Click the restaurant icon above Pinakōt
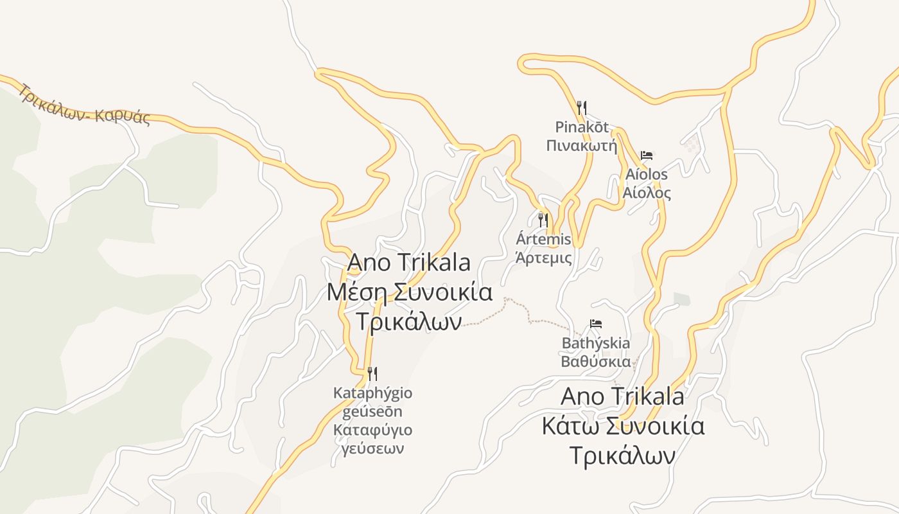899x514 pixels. [x=582, y=107]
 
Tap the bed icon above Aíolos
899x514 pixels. [x=647, y=155]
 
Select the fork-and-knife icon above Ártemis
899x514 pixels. [x=543, y=220]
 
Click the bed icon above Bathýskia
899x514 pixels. [x=596, y=324]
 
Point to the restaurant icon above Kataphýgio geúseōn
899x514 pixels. [x=372, y=374]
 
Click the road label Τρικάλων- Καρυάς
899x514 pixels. [x=84, y=105]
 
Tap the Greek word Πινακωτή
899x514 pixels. [x=581, y=146]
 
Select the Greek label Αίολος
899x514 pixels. [x=647, y=193]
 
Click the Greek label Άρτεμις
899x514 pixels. [x=544, y=258]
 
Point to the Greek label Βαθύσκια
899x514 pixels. [x=596, y=361]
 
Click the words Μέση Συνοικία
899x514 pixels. [x=410, y=292]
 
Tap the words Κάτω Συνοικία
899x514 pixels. [x=623, y=426]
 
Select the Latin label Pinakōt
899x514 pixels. [x=582, y=127]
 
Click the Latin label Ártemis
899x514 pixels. [x=543, y=240]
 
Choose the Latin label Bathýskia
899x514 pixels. [x=596, y=343]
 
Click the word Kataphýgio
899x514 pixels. [x=372, y=393]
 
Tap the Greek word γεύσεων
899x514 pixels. [x=372, y=448]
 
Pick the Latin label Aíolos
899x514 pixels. [x=647, y=174]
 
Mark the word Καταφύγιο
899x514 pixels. [x=372, y=430]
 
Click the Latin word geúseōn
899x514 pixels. [x=372, y=411]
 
